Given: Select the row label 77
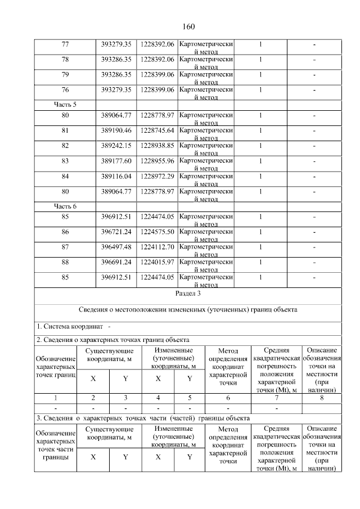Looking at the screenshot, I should coord(65,44).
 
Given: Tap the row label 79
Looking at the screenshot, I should coord(65,74).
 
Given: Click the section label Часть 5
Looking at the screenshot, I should coord(65,104).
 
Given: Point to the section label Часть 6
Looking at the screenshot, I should coord(65,206).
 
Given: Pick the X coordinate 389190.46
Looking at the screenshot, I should coord(116,130).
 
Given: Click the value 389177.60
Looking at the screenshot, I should coord(116,160).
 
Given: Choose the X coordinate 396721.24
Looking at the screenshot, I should coord(116,232).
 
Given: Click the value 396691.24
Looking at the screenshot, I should coord(116,262).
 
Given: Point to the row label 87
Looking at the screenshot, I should coord(65,247).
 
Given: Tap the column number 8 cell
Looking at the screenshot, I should coord(322,398).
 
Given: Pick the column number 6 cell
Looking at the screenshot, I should coord(228,398).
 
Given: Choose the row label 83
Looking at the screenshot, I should coord(65,160).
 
